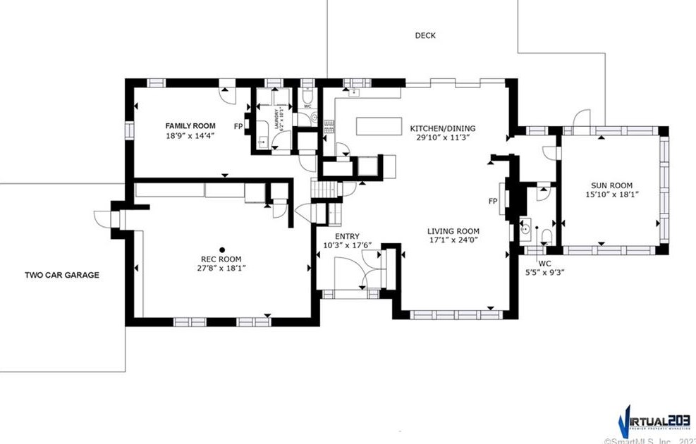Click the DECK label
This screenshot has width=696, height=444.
[425, 35]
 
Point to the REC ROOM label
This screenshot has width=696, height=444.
[221, 259]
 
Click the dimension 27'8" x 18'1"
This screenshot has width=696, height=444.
[221, 268]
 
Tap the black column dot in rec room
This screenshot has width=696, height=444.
[221, 249]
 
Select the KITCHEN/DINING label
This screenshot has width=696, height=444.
[443, 128]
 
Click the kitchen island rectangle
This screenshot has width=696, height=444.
[381, 126]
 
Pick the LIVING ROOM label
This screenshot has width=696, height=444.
[453, 231]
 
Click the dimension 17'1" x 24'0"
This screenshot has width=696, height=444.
[453, 240]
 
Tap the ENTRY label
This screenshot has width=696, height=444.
[347, 237]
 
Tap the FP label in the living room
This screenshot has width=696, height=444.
[493, 201]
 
